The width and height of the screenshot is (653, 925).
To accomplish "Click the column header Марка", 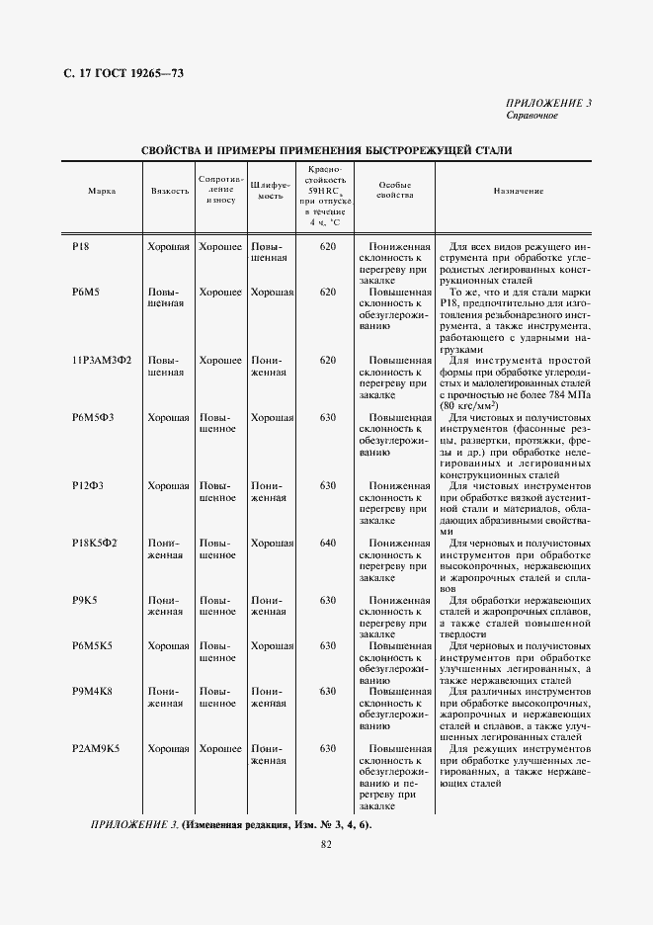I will tap(102, 191).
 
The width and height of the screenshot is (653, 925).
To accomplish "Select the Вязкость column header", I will tap(170, 191).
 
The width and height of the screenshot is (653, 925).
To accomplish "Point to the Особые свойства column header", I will tap(394, 190).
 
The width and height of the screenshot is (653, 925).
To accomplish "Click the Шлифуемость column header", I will tap(270, 190).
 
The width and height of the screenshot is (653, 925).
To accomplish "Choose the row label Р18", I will tap(81, 246).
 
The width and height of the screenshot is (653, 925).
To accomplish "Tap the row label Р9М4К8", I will tap(93, 692).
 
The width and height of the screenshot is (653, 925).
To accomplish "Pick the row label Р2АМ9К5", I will tap(96, 749).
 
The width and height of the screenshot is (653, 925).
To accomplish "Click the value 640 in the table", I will tap(328, 544).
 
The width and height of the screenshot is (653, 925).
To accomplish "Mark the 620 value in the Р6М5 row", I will tap(328, 293).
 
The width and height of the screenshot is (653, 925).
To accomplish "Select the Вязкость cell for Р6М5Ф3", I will tap(169, 418).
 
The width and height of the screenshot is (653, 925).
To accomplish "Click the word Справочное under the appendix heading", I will tap(532, 116).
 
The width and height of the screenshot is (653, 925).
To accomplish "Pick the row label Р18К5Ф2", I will tap(95, 544).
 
